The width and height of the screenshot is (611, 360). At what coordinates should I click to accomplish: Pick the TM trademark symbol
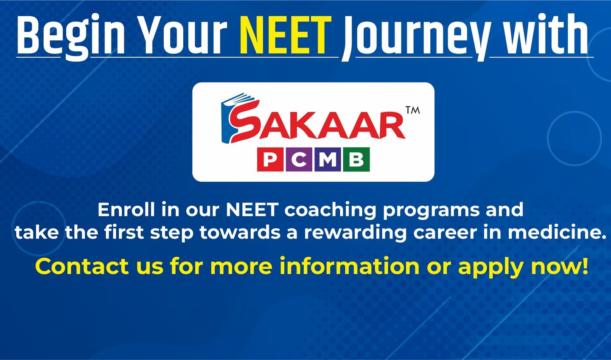coord(413,110)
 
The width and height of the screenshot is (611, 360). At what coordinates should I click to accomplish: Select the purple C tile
coord(299,159)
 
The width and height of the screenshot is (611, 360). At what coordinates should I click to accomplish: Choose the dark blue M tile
coord(328,159)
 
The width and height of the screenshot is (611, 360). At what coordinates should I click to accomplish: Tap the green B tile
coord(356,159)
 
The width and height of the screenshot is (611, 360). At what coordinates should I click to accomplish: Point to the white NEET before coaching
coord(252,210)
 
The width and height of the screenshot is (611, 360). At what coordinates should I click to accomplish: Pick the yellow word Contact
coord(82,266)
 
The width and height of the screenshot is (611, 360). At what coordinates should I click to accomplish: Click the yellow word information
coord(350,266)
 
